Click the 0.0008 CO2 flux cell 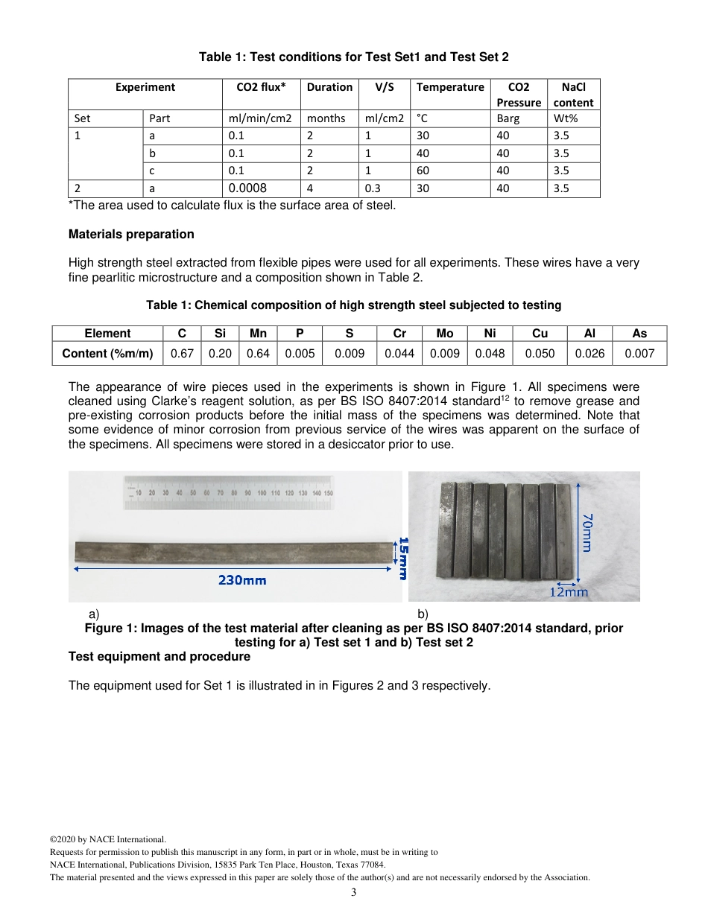pos(247,188)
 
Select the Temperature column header pos(450,87)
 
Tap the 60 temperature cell pos(423,171)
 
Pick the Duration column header pos(329,87)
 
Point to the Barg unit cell pos(508,118)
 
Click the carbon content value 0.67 pos(182,354)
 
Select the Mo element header pos(444,334)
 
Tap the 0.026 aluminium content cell pos(590,354)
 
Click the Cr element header pos(399,334)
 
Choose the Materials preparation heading pos(131,235)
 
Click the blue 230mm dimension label pos(241,580)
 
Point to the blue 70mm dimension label pos(587,532)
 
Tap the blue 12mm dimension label pos(569,593)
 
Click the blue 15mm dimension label pos(402,558)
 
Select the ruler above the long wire pos(229,493)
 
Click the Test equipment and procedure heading pos(159,657)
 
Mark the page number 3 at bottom pos(354,892)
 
